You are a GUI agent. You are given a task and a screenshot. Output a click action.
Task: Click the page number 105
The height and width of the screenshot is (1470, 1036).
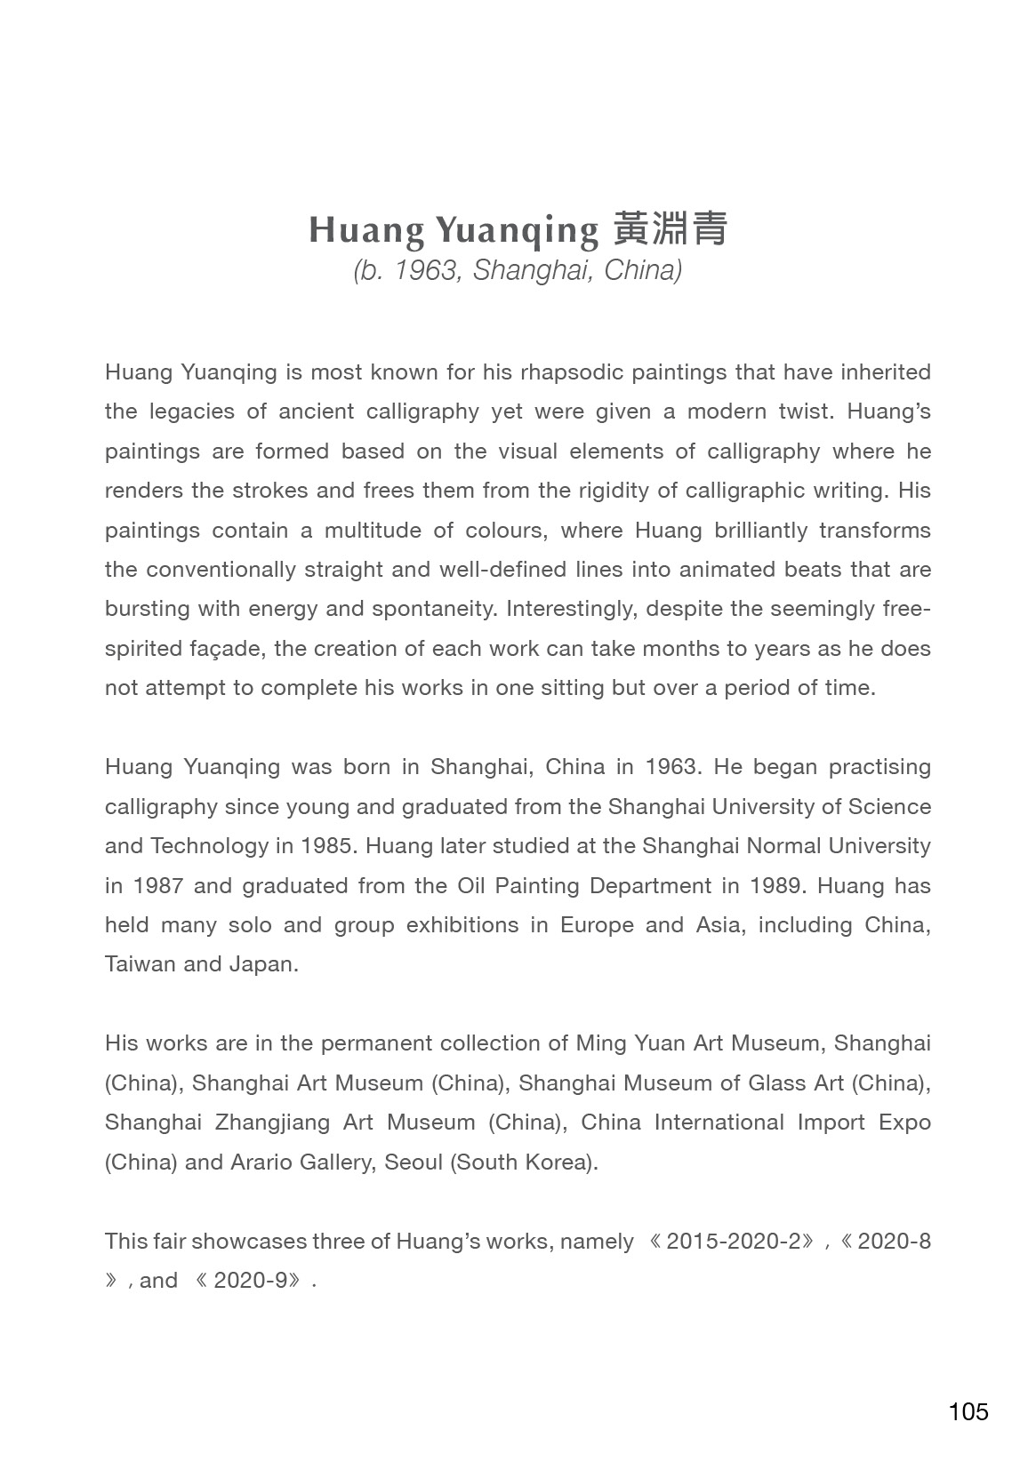point(968,1411)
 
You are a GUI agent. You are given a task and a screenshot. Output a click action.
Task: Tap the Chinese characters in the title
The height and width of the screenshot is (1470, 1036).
point(671,229)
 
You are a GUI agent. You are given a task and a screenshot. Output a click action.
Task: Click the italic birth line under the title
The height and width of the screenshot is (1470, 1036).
point(518,270)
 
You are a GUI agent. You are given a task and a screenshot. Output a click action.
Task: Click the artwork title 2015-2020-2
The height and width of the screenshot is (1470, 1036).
point(734,1242)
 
